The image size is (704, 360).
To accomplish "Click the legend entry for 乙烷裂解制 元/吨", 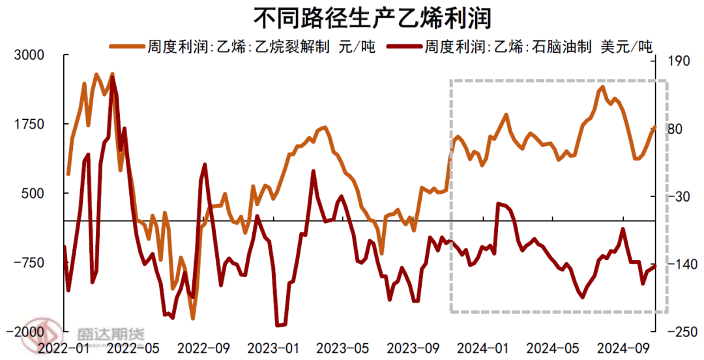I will point(261,47).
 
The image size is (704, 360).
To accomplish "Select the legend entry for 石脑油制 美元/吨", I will point(538,47).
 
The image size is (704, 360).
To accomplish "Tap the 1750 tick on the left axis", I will point(29,125).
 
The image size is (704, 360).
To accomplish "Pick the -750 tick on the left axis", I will point(29,263).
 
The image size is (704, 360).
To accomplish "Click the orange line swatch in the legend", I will point(128,47).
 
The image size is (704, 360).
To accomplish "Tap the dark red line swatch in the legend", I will point(404,47).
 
